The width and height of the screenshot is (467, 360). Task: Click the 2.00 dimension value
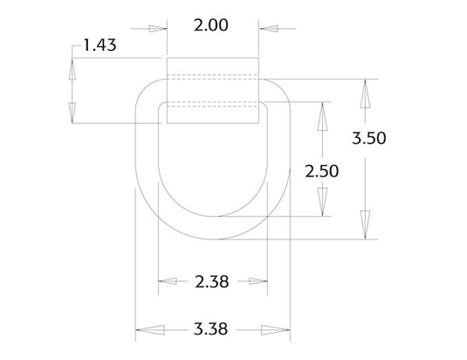coord(210,25)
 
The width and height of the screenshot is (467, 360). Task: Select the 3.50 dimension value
coord(370,137)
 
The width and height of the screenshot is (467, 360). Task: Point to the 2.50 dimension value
coord(322,170)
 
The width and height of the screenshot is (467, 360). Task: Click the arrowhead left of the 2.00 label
coord(156,28)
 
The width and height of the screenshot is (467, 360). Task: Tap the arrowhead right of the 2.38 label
coord(256,281)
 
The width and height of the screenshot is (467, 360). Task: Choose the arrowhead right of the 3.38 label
coord(278,329)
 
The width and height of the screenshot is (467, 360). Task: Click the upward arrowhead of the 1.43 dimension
coord(72,69)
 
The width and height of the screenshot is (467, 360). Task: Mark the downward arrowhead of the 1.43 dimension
coord(72,112)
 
